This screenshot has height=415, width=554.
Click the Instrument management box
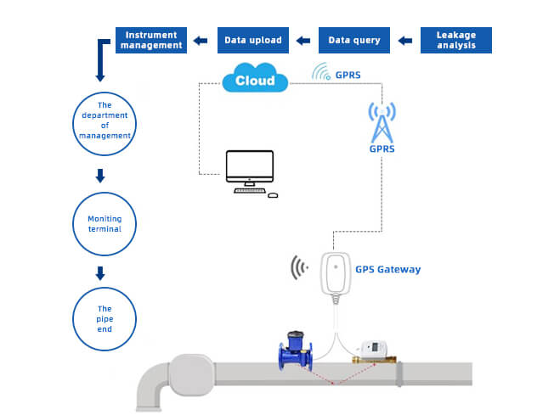click(x=151, y=40)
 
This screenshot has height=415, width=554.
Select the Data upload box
click(x=254, y=40)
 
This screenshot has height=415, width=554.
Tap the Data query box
click(x=354, y=40)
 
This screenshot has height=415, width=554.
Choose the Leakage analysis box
click(x=456, y=40)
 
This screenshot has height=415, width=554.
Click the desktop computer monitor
click(x=249, y=168)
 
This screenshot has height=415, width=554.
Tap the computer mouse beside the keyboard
click(x=273, y=194)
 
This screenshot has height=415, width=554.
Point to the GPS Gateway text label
click(x=387, y=270)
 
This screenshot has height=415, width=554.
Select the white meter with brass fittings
click(x=373, y=350)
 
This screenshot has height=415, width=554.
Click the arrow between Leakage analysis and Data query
click(x=405, y=40)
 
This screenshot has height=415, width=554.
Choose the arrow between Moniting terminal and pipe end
click(x=100, y=274)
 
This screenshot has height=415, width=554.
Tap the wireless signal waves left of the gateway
click(x=298, y=269)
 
